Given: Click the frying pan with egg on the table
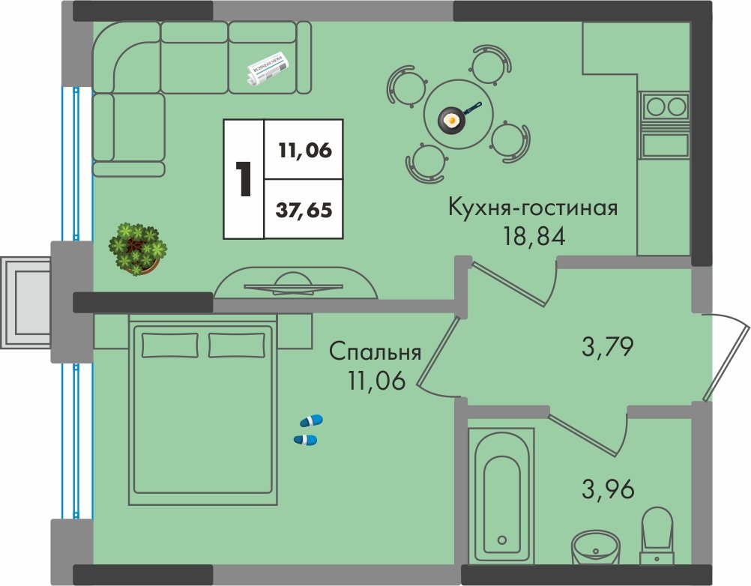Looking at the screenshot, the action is tap(454, 117).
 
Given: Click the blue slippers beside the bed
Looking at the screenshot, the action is tap(307, 430).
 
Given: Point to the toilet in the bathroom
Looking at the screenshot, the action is tap(657, 537).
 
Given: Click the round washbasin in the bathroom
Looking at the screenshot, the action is tap(596, 549).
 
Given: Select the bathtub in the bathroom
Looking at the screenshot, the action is tap(501, 495).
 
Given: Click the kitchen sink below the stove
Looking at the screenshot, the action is tap(666, 145).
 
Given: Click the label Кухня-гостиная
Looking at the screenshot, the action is tap(533, 208).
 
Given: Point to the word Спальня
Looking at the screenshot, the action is tap(375, 352).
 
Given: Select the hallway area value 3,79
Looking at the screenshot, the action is tap(607, 347).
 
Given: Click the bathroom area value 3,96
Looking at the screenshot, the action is tap(608, 489).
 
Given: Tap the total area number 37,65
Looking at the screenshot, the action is tap(304, 210).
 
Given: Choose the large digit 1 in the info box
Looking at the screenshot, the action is tap(244, 179).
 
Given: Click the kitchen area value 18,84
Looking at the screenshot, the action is tap(534, 236).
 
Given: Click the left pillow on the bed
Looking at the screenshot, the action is tap(170, 345).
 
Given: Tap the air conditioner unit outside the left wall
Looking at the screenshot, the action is tap(25, 303).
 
